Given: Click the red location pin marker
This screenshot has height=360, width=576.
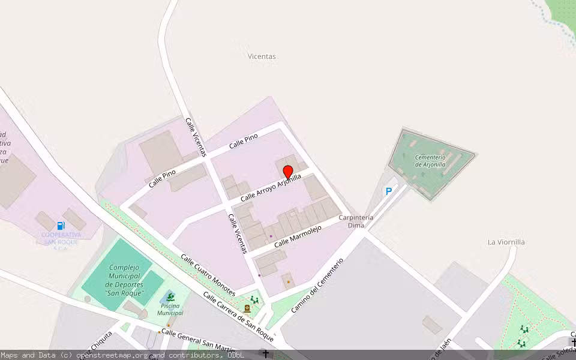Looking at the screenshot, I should coord(287,172).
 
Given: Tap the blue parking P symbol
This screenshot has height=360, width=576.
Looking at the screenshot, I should coord(389,191).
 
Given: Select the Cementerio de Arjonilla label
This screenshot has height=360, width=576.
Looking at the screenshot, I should coord(430,161).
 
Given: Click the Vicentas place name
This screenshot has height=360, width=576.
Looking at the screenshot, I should coord(262,56).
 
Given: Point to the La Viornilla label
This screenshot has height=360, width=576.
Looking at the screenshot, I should coord(506,242).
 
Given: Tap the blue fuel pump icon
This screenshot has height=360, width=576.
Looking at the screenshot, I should coord(61,226).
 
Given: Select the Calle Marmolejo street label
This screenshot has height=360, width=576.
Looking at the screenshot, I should coord(298,236).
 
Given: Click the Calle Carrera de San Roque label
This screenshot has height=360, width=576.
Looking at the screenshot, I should coord(238,317).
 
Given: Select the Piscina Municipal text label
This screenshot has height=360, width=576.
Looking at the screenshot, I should coord(170,310).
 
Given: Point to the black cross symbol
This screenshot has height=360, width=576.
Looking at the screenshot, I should coord(266,354).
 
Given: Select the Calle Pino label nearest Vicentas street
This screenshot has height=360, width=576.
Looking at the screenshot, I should coord(243,140).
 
